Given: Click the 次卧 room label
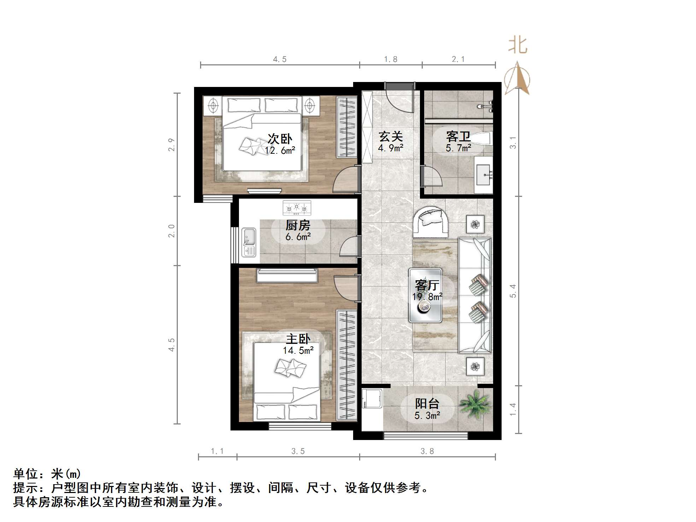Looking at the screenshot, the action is [x=280, y=139].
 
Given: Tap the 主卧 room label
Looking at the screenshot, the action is [x=298, y=339].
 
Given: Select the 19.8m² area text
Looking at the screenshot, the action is [x=427, y=297].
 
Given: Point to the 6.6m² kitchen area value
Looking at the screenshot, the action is [x=298, y=237].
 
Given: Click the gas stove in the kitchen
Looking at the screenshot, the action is [x=297, y=208].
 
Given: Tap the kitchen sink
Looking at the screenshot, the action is [x=249, y=242].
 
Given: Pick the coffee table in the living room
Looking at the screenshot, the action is [x=425, y=295].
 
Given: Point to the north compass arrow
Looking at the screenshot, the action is [x=517, y=78].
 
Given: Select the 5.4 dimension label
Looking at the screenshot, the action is [x=513, y=291].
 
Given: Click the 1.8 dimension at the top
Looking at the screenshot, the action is [x=391, y=59].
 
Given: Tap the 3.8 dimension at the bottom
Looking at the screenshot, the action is [x=427, y=451].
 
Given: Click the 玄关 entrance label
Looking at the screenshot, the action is [x=391, y=136].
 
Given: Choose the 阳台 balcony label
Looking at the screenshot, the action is [x=427, y=404].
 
